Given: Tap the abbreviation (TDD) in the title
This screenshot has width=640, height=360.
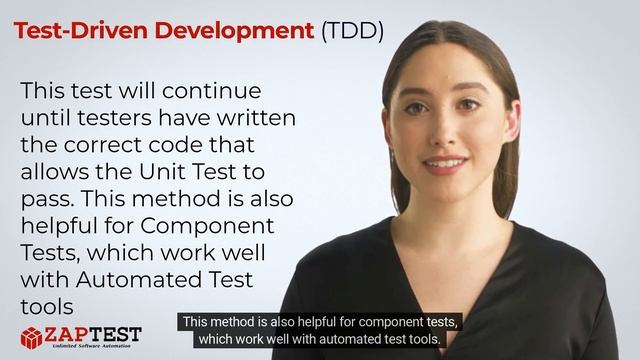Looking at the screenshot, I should click(352, 30).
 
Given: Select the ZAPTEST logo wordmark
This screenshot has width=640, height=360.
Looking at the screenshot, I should click(96, 333).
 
